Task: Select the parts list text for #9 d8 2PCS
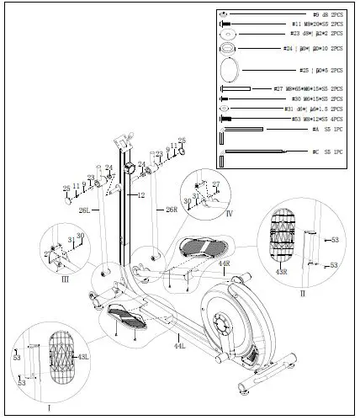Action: click(x=328, y=15)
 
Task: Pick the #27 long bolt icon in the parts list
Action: click(x=236, y=88)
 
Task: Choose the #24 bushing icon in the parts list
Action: click(x=229, y=48)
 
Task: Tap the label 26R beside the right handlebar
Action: click(x=172, y=209)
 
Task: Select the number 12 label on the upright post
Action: click(x=141, y=195)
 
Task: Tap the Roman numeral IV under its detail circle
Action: click(x=229, y=213)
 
